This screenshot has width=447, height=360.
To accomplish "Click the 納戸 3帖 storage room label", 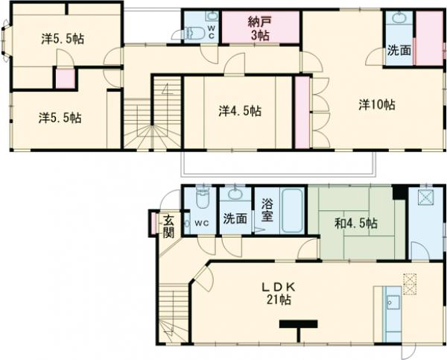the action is [x=259, y=28].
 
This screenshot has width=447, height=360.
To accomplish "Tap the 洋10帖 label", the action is [x=377, y=104].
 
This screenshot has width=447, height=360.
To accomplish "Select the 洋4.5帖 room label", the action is [x=240, y=110].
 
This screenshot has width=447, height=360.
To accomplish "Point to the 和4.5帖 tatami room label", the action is [x=356, y=224].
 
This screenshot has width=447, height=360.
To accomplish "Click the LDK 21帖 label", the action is [x=279, y=294].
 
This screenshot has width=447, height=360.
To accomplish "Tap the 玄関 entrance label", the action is [x=168, y=227].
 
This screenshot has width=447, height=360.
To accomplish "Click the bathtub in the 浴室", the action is [x=292, y=210].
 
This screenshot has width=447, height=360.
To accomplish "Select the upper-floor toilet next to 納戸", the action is [x=194, y=33].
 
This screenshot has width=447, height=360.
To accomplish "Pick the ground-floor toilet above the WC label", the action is [x=203, y=198].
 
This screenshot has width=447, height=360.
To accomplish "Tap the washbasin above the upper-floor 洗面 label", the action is [x=399, y=18].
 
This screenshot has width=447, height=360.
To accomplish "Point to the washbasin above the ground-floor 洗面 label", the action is [x=235, y=194].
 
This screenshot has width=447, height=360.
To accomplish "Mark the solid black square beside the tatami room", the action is [x=399, y=192].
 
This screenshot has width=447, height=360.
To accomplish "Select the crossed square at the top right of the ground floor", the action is [x=426, y=198].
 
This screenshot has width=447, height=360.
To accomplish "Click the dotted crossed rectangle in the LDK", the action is [x=410, y=284].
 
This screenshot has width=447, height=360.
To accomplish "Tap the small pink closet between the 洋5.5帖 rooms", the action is [x=66, y=79].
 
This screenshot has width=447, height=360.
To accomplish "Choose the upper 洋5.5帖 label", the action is [x=63, y=39].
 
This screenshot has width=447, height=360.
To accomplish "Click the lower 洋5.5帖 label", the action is [x=60, y=118].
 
